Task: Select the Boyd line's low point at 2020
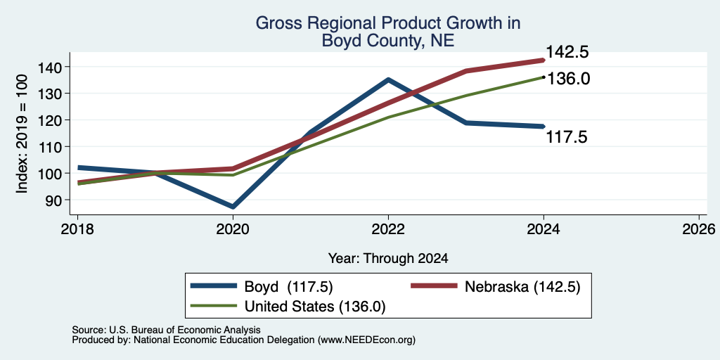[x=233, y=207]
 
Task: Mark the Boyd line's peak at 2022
[x=388, y=79]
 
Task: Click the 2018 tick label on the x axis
[x=77, y=229]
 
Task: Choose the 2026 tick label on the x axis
[x=699, y=229]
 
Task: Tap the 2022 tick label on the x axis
[x=388, y=229]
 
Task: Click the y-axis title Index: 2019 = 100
[x=22, y=134]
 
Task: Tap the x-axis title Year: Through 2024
[x=388, y=259]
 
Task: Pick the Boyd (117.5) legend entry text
[x=288, y=287]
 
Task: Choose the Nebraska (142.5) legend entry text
[x=522, y=287]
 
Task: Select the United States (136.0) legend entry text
[x=314, y=307]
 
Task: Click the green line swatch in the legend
[x=214, y=307]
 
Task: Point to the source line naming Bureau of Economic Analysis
[x=166, y=330]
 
